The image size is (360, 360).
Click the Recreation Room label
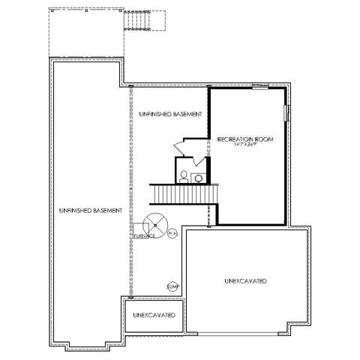coord(242,139)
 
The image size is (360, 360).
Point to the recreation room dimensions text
coord(242,145)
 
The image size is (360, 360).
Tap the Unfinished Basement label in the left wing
coord(89,211)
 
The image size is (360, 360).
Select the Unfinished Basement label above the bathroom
coord(170,113)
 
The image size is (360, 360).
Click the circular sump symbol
coord(172,286)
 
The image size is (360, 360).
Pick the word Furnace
coord(144,235)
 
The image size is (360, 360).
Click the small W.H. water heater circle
coord(172,232)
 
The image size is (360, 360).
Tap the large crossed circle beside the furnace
coord(156,223)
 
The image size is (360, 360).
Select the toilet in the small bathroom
coord(183,176)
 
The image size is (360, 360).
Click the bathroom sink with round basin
coord(199,177)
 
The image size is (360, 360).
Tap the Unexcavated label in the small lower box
coord(154,315)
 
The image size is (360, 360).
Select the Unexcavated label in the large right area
coord(246,280)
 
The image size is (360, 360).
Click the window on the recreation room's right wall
coord(285,112)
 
